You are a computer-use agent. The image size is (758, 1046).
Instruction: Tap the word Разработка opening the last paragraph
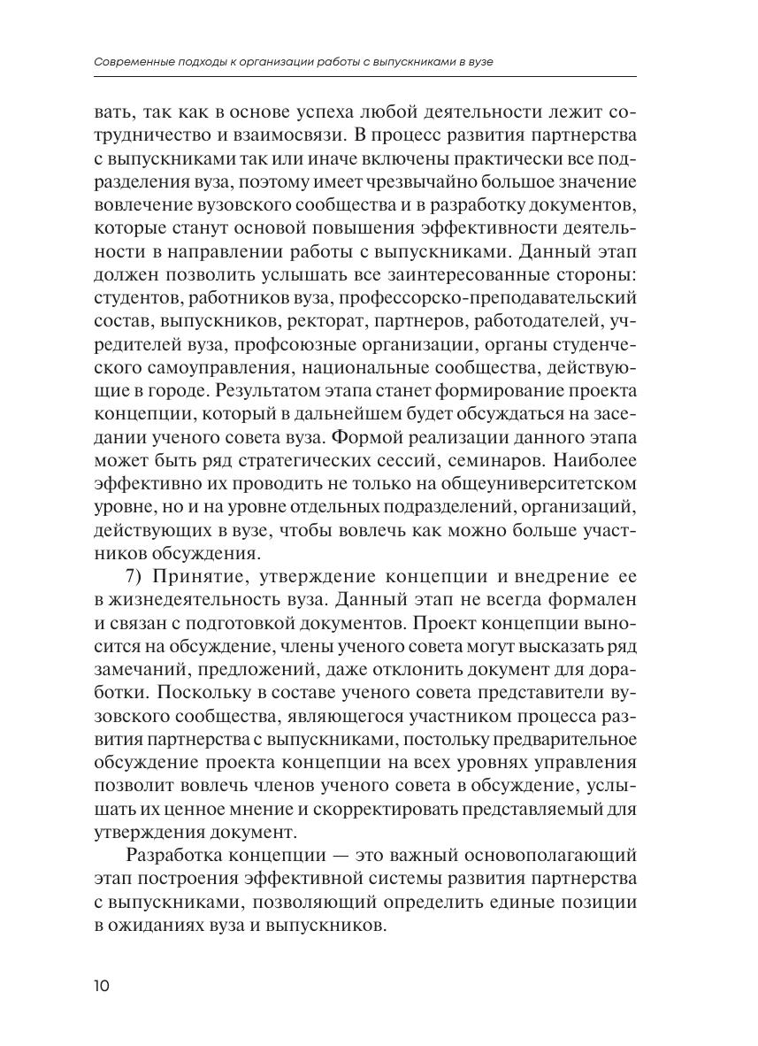(177, 856)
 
